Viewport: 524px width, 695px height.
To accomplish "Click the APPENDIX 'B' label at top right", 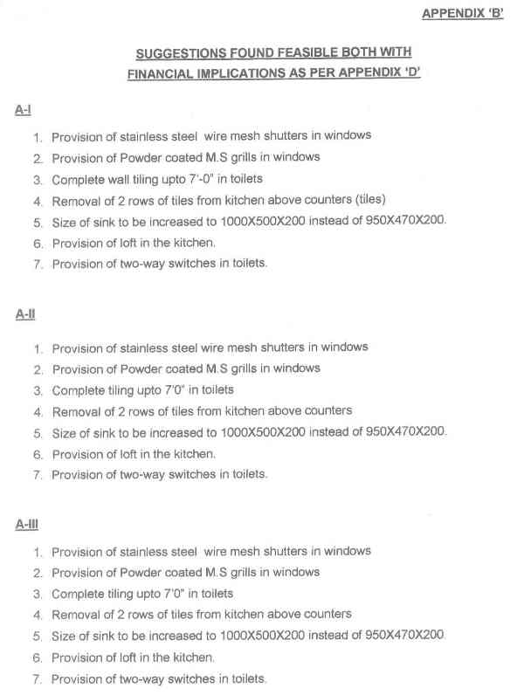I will click(x=462, y=13).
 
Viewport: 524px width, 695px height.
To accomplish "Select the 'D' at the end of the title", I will click(x=411, y=74).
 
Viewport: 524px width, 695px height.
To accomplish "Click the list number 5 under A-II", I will click(x=38, y=432).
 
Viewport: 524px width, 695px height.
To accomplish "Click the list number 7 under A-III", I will click(x=38, y=678).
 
